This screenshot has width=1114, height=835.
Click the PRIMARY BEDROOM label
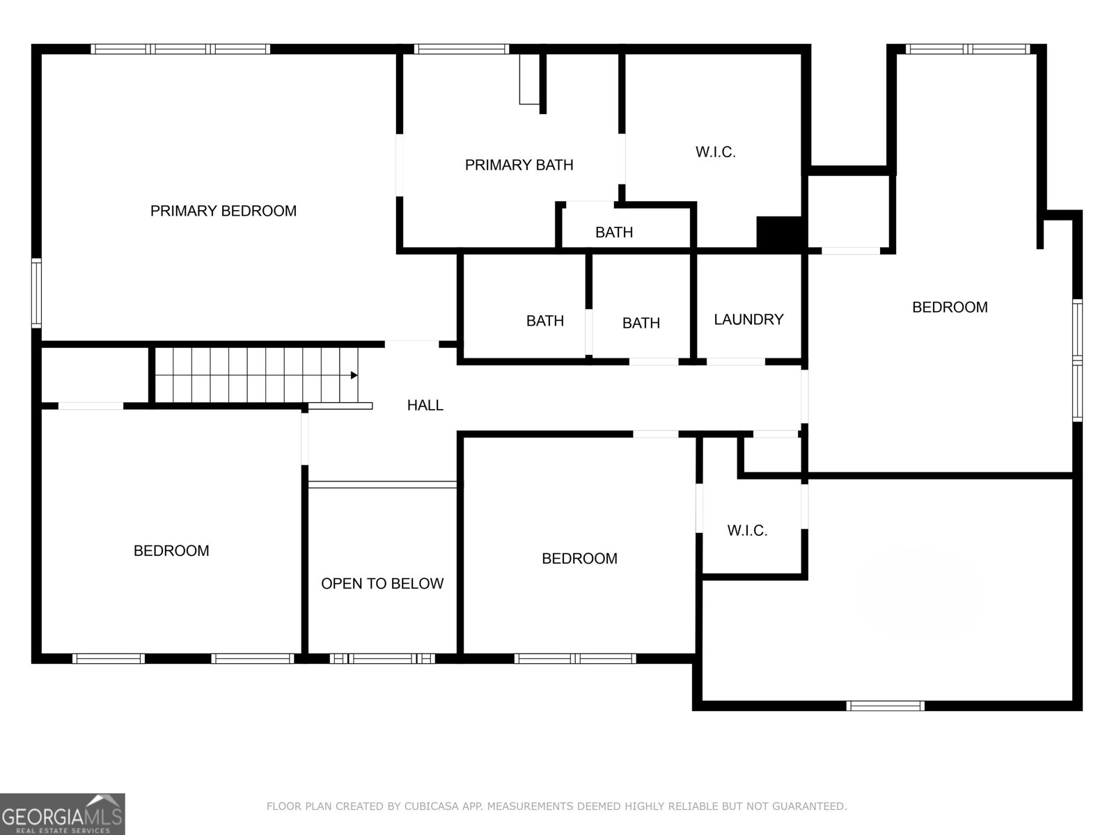223,211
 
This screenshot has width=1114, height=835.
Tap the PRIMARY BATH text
519,165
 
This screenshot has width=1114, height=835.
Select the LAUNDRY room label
748,319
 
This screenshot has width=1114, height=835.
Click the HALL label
425,405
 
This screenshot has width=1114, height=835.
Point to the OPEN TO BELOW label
382,584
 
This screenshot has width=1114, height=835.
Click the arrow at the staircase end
354,376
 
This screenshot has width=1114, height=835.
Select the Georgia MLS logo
63,813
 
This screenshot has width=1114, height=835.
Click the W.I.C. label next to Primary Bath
715,152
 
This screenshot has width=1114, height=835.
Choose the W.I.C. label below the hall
747,531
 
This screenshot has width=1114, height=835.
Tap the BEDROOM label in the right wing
950,307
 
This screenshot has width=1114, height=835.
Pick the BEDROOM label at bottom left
171,550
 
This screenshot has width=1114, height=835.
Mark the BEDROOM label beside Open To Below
579,558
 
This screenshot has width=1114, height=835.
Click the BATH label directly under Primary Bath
613,232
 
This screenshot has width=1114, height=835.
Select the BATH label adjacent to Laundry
641,323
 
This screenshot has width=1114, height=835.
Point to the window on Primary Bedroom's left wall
36,293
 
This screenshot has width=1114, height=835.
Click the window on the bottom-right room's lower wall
885,706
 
